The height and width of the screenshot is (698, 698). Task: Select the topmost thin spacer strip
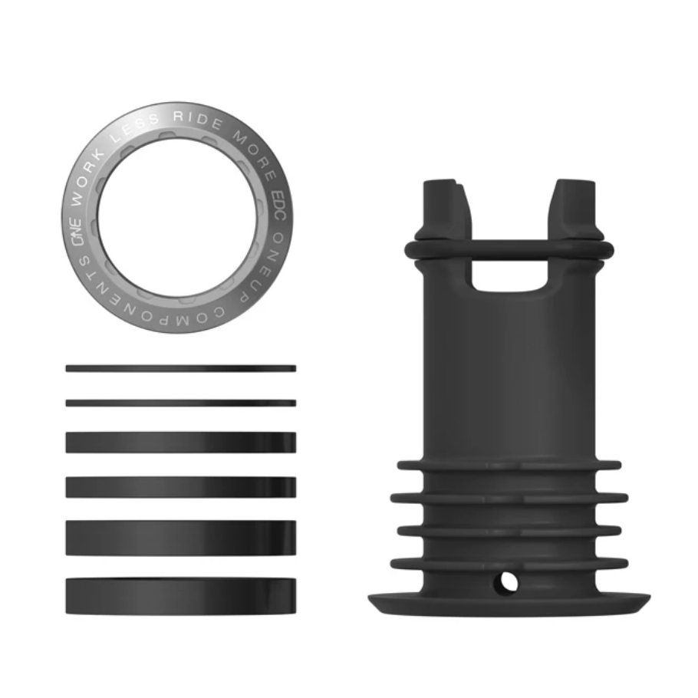[x=181, y=368]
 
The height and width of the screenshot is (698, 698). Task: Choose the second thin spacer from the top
[x=181, y=402]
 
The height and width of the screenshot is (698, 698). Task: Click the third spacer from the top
[x=181, y=442]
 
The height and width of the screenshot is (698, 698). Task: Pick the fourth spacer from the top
[x=181, y=487]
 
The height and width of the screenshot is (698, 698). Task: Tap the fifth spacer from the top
[x=181, y=538]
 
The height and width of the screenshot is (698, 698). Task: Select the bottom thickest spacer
[x=181, y=596]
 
